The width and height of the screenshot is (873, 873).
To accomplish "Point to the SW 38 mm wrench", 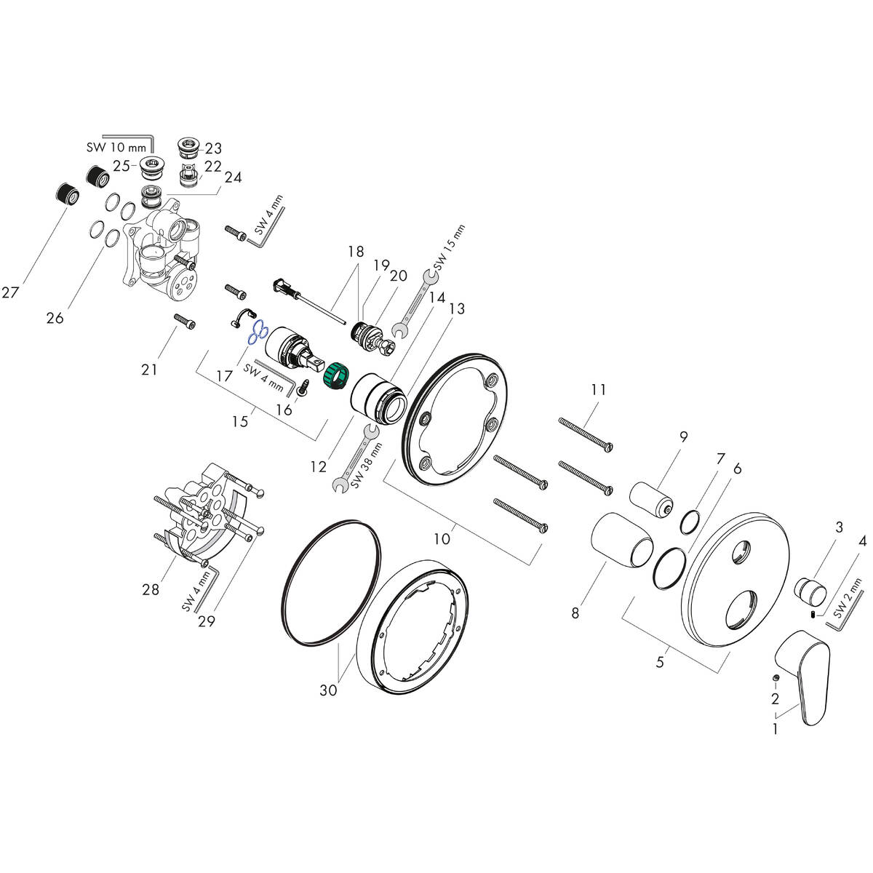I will point(354,459).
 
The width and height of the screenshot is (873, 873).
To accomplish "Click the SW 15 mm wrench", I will point(414,303).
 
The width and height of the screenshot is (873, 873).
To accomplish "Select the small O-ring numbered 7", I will point(691,522).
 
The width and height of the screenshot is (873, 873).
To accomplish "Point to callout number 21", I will point(149,370).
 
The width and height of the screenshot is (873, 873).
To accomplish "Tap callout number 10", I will point(442,538).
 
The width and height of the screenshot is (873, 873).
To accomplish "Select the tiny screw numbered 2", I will point(777,679).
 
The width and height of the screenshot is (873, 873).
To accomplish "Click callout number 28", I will point(151,589).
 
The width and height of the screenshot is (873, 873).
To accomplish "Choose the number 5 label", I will point(660,662).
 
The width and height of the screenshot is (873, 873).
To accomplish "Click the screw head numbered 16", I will point(305,388).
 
